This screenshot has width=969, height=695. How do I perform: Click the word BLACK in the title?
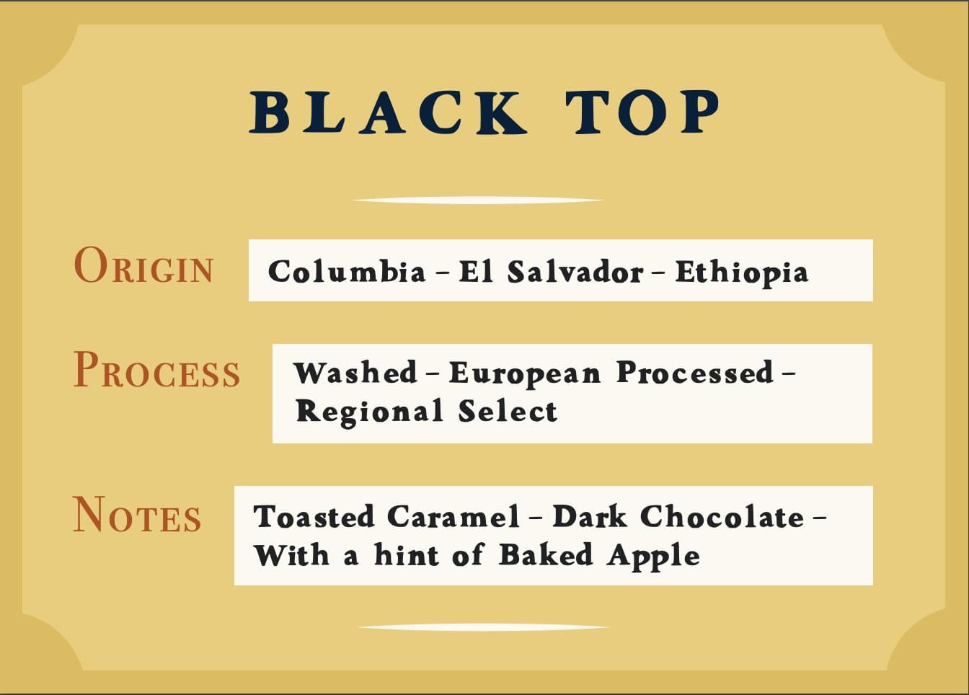coord(388,112)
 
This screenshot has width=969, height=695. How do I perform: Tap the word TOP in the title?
coord(643,112)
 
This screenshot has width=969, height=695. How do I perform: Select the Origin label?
coord(143,265)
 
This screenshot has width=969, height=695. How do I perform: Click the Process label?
coord(156,369)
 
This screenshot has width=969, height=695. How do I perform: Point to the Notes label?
coord(137,514)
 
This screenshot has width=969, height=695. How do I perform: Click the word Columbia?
coord(347,272)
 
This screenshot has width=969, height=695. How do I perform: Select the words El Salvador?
coord(551,272)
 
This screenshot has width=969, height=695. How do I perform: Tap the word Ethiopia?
coord(742,273)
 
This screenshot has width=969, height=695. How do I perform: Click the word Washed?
coord(355,372)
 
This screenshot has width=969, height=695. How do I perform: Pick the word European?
coord(525,373)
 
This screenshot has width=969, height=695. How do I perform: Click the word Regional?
coord(370,411)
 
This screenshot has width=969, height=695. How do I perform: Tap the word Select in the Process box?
coord(508,410)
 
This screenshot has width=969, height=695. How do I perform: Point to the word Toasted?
coord(314,516)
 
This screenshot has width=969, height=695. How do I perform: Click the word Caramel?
coord(453,516)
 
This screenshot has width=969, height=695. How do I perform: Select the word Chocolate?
coord(722,516)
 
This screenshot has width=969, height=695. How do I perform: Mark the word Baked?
coord(546,554)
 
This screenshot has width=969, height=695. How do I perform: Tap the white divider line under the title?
coord(478,200)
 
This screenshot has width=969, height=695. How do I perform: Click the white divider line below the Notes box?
coord(484,627)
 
